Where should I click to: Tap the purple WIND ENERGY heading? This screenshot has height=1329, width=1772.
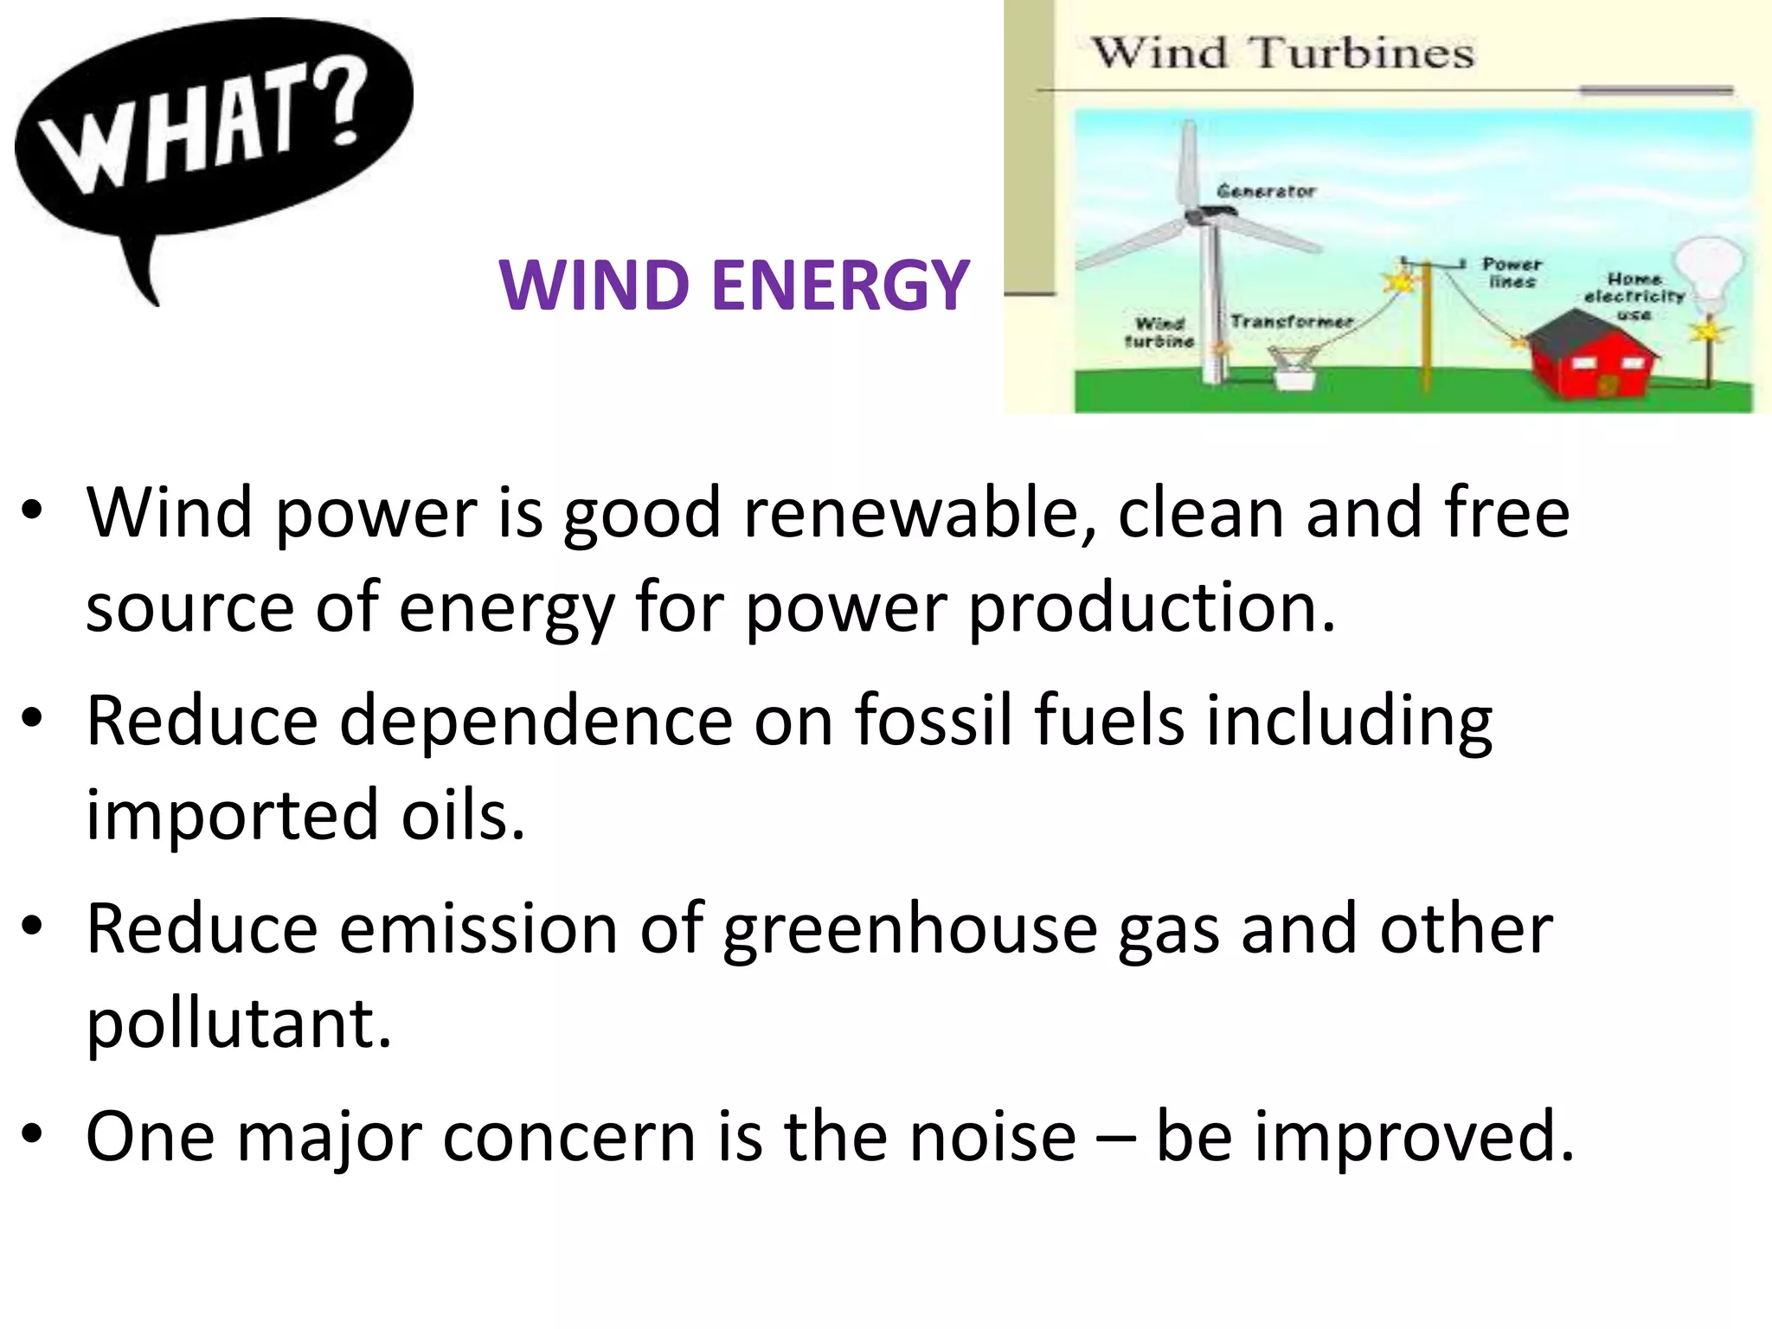pyautogui.click(x=734, y=285)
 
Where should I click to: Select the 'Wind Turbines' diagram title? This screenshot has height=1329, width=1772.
pyautogui.click(x=1283, y=54)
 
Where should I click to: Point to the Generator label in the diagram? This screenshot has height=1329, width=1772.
pyautogui.click(x=1266, y=190)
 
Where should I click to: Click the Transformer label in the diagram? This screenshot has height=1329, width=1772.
pyautogui.click(x=1292, y=321)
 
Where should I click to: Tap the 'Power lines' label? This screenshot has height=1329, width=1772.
pyautogui.click(x=1512, y=273)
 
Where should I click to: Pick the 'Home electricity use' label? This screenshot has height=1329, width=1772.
pyautogui.click(x=1634, y=296)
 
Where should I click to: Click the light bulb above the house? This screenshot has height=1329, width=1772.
pyautogui.click(x=1708, y=268)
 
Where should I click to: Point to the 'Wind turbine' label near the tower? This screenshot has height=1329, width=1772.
pyautogui.click(x=1159, y=332)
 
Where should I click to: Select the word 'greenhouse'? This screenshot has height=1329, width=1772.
pyautogui.click(x=909, y=929)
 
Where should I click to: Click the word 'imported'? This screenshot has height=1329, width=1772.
pyautogui.click(x=232, y=815)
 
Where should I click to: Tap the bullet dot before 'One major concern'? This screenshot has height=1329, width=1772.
pyautogui.click(x=33, y=1133)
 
